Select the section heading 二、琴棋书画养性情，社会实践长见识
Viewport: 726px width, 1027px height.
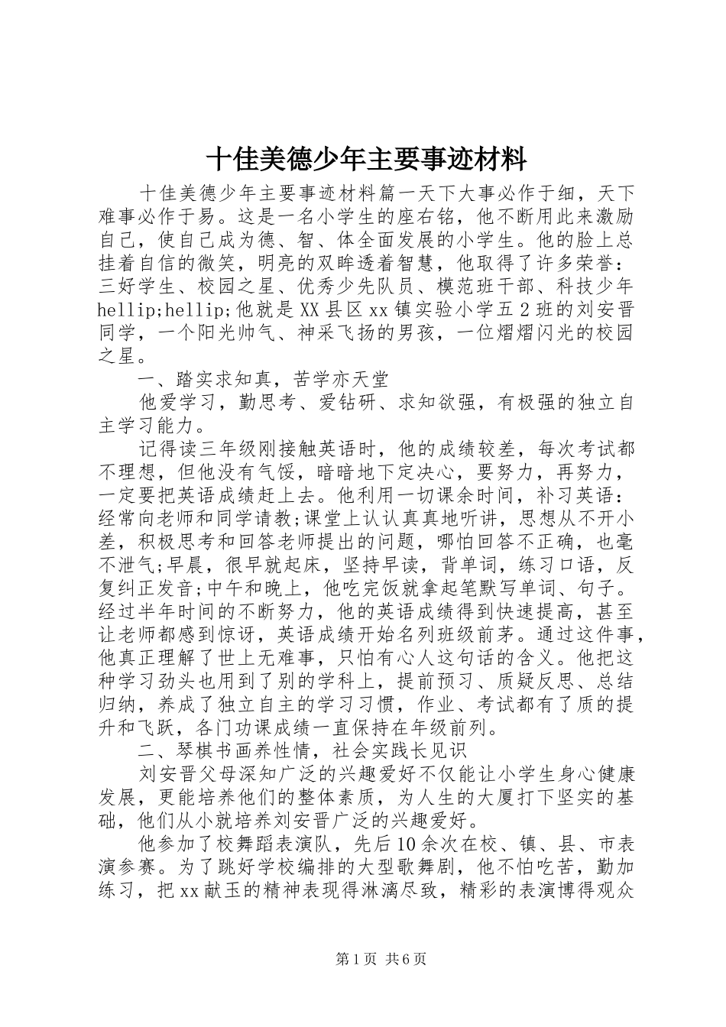coord(308,751)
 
